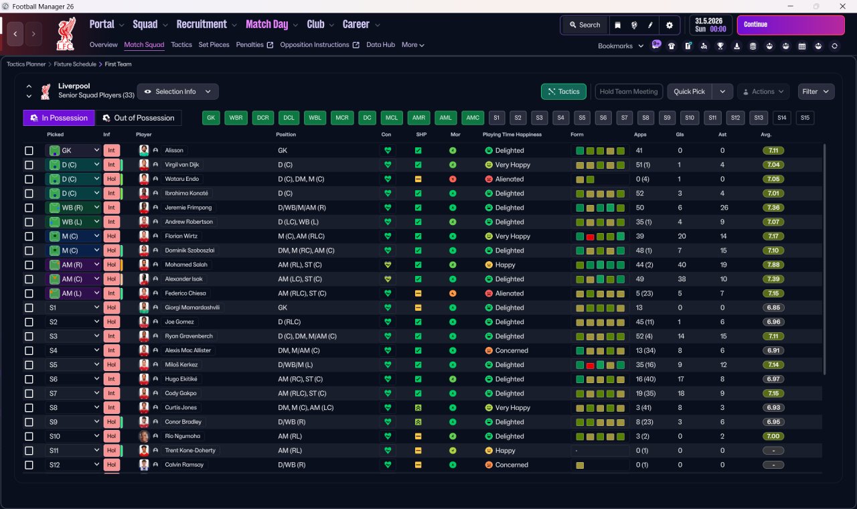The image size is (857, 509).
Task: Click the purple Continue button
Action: (791, 25)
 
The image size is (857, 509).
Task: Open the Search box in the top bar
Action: (585, 25)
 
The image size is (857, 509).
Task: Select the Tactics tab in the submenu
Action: (181, 45)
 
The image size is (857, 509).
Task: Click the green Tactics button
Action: (563, 92)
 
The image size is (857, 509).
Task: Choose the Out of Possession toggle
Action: (138, 118)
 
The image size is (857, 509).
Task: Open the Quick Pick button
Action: (689, 92)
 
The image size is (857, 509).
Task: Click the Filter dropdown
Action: (815, 92)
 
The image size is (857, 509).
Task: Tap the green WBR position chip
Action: (236, 118)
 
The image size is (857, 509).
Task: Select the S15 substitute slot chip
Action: (805, 118)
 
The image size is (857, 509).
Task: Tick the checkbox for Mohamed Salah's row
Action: (29, 265)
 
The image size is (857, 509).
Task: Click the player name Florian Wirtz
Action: (181, 236)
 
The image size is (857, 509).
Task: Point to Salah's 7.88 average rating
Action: (773, 265)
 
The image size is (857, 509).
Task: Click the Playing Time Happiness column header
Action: (512, 135)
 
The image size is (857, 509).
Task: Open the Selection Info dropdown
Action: (177, 92)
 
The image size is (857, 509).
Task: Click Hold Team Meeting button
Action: (629, 92)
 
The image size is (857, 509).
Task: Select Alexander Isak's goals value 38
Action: (682, 279)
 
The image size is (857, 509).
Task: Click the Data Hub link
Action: (380, 45)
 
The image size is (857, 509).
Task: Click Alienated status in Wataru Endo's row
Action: (510, 179)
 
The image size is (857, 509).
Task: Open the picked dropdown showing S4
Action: (73, 350)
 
